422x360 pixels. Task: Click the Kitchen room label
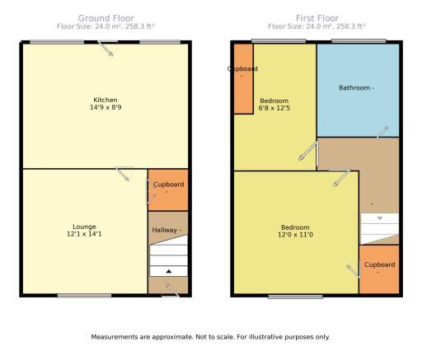pyautogui.click(x=105, y=100)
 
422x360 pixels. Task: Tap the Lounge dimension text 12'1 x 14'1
pyautogui.click(x=84, y=234)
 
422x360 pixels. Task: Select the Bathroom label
pyautogui.click(x=354, y=88)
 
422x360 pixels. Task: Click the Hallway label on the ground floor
pyautogui.click(x=164, y=230)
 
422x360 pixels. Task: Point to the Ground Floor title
pyautogui.click(x=106, y=18)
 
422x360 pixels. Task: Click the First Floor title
pyautogui.click(x=317, y=18)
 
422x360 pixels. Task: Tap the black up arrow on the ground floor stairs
pyautogui.click(x=169, y=271)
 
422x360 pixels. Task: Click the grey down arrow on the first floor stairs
pyautogui.click(x=380, y=218)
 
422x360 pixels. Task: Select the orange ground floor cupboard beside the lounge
pyautogui.click(x=168, y=190)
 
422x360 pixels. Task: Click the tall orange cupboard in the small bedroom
pyautogui.click(x=243, y=79)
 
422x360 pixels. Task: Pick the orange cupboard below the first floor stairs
pyautogui.click(x=379, y=269)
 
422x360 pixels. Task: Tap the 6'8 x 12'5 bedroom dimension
pyautogui.click(x=274, y=108)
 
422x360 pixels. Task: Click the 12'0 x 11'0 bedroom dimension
pyautogui.click(x=295, y=235)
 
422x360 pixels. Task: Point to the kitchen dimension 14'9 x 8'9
pyautogui.click(x=105, y=107)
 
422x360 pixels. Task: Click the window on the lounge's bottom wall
pyautogui.click(x=84, y=296)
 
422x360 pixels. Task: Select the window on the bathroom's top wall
pyautogui.click(x=359, y=41)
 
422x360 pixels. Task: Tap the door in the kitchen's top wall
pyautogui.click(x=107, y=48)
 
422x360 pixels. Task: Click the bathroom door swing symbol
pyautogui.click(x=382, y=133)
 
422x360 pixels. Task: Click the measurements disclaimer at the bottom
pyautogui.click(x=210, y=337)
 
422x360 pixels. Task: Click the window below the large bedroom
pyautogui.click(x=295, y=297)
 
